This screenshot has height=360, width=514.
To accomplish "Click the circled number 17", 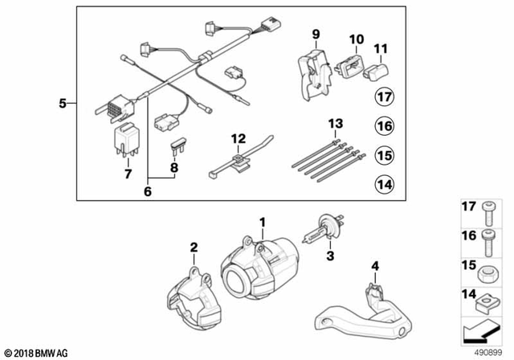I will click(385, 99).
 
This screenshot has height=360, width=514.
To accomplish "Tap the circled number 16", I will click(385, 126).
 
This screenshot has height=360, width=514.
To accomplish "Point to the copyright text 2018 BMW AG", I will click(37, 352).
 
